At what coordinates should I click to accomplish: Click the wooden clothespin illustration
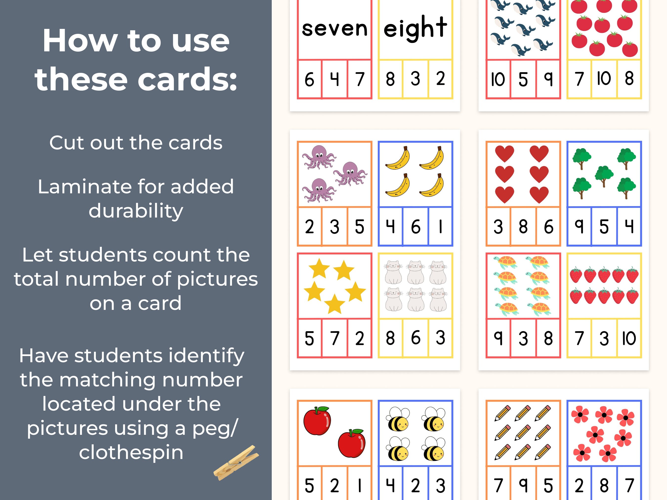(236, 463)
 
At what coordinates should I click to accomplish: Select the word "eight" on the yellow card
(415, 28)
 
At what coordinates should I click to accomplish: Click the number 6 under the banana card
(416, 227)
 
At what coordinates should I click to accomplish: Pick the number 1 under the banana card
(440, 227)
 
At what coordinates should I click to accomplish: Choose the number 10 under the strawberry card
(629, 338)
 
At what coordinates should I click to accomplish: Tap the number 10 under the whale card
(498, 80)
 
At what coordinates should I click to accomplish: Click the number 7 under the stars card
(334, 338)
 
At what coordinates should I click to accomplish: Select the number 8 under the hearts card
(523, 227)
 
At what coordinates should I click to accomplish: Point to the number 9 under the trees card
(579, 227)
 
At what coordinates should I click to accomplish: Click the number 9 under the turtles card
(498, 338)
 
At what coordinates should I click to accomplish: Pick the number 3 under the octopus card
(334, 227)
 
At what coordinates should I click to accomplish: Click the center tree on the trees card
(604, 175)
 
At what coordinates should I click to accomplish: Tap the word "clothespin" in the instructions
(131, 453)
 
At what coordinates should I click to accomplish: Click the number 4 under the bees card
(390, 485)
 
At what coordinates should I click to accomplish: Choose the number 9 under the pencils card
(523, 485)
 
